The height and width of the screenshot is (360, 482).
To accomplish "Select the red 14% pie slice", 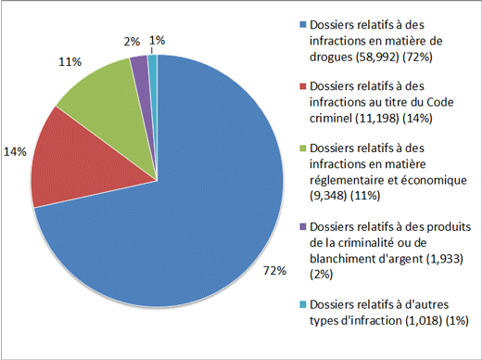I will (x=70, y=158).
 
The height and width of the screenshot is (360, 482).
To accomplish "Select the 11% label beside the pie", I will (x=69, y=61).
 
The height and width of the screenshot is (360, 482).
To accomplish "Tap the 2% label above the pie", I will (x=131, y=41).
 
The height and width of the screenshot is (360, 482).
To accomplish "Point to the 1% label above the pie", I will (x=157, y=40).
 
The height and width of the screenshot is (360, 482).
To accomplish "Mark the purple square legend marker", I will (x=303, y=224).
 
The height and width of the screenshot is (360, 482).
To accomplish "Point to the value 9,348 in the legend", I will (x=330, y=196).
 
